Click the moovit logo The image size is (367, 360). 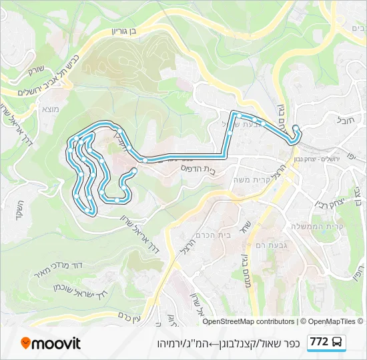tap(51, 343)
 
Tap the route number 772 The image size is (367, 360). tap(319, 342)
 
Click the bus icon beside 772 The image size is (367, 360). tap(338, 343)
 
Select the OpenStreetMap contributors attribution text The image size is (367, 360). tap(248, 321)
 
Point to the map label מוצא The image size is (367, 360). tap(51, 109)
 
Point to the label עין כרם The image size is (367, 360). tap(126, 319)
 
